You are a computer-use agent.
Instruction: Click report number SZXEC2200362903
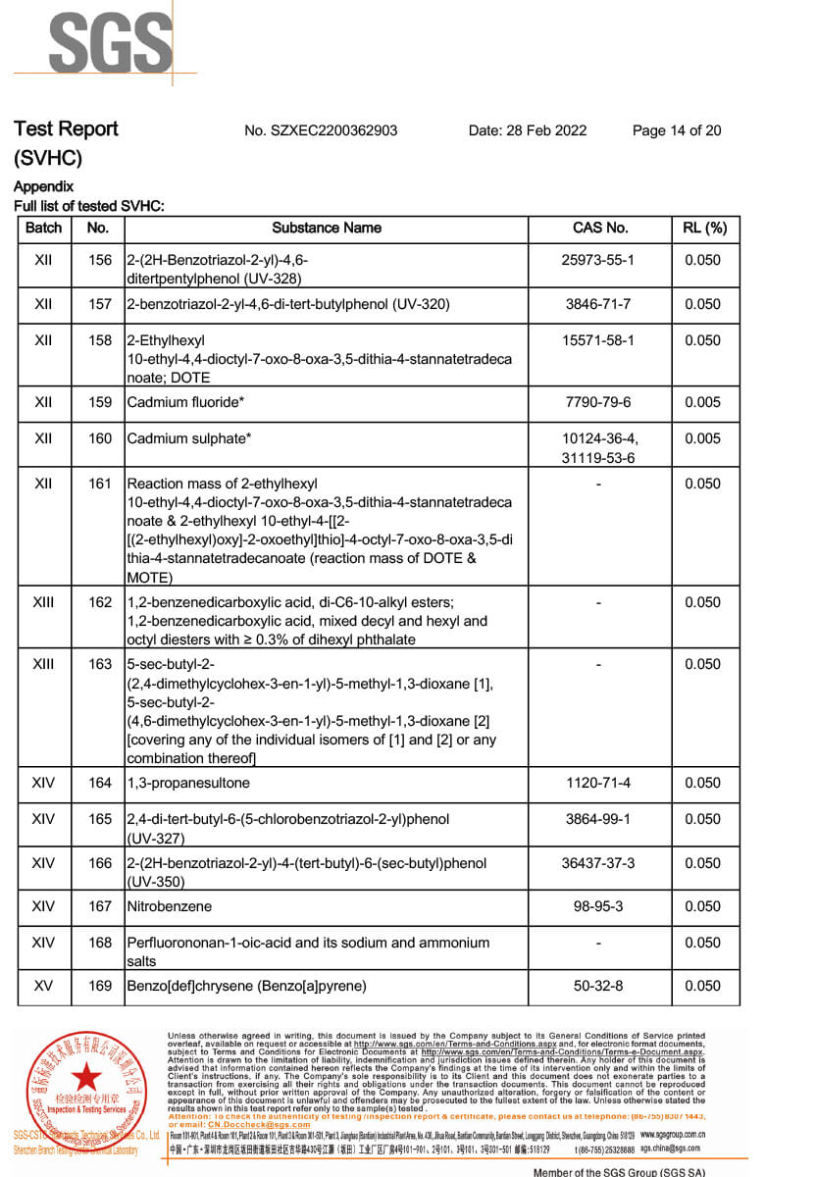coord(321,130)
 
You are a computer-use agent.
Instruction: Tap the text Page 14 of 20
coord(677,130)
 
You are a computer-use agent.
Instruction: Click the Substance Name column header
coord(327,228)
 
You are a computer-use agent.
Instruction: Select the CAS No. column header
coord(599,228)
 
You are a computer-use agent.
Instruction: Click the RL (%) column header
coord(703,228)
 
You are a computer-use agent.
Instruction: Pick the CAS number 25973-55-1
coord(599,260)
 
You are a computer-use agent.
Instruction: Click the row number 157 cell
coord(99,304)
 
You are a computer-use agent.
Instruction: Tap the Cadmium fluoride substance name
coord(183,402)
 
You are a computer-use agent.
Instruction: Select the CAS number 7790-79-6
coord(599,402)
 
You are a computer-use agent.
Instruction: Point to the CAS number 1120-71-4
coord(599,783)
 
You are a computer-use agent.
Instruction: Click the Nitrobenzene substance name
coord(169,906)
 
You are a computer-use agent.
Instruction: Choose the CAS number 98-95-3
coord(599,906)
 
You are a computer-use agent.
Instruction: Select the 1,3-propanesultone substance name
coord(188,783)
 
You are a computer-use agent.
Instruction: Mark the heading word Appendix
coord(43,186)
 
